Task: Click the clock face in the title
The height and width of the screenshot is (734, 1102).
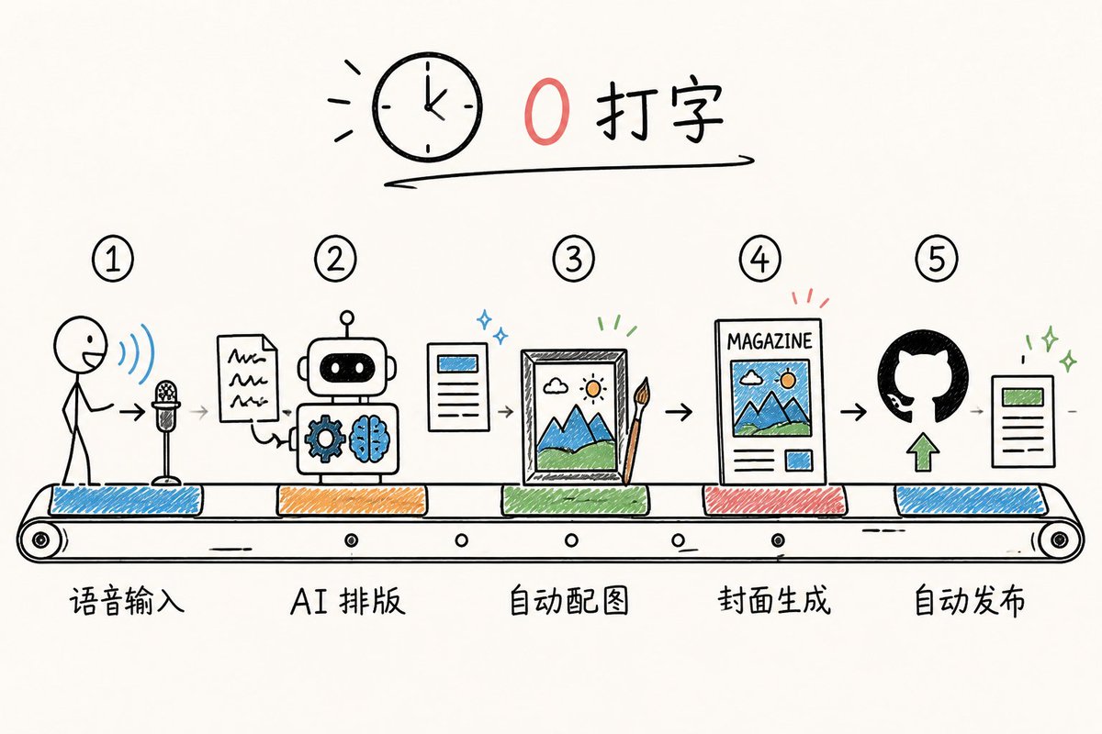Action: point(427,106)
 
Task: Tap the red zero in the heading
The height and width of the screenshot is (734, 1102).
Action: point(546,111)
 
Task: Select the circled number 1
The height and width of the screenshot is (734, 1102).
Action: point(113,259)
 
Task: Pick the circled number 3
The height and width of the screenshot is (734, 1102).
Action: point(574,259)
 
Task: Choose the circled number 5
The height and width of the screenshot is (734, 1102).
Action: point(936,259)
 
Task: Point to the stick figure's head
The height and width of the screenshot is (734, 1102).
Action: point(80,345)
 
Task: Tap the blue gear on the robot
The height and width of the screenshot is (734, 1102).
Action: point(325,438)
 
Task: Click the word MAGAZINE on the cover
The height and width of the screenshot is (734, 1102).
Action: point(770,341)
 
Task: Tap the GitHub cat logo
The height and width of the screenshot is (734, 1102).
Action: point(923,376)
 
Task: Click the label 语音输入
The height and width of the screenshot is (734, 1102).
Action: point(127,601)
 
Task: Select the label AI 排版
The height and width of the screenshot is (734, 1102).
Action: point(348,600)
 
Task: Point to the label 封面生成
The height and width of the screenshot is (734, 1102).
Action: point(774,600)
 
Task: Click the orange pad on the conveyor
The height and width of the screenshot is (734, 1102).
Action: point(352,500)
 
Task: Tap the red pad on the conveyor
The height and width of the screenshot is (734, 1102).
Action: point(774,500)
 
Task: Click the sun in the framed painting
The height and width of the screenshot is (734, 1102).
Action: point(593,389)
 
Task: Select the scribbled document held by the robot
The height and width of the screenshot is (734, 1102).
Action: point(247,378)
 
